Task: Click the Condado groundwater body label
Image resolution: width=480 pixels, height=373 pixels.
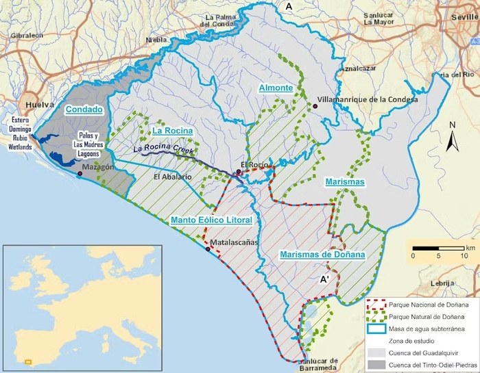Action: click(x=83, y=109)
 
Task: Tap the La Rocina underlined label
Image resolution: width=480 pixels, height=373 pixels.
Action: click(x=171, y=130)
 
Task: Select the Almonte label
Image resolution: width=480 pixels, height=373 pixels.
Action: click(x=276, y=88)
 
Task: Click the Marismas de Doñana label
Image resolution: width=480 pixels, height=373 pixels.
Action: click(x=322, y=255)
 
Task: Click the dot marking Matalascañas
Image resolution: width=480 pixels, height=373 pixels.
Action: click(x=208, y=249)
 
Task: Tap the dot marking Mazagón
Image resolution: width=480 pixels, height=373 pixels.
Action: click(x=80, y=174)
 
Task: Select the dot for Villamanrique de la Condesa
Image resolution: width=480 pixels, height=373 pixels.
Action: click(x=314, y=107)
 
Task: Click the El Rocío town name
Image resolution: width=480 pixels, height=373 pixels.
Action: click(x=252, y=165)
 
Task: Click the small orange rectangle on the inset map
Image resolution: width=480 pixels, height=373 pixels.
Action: click(x=28, y=361)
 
